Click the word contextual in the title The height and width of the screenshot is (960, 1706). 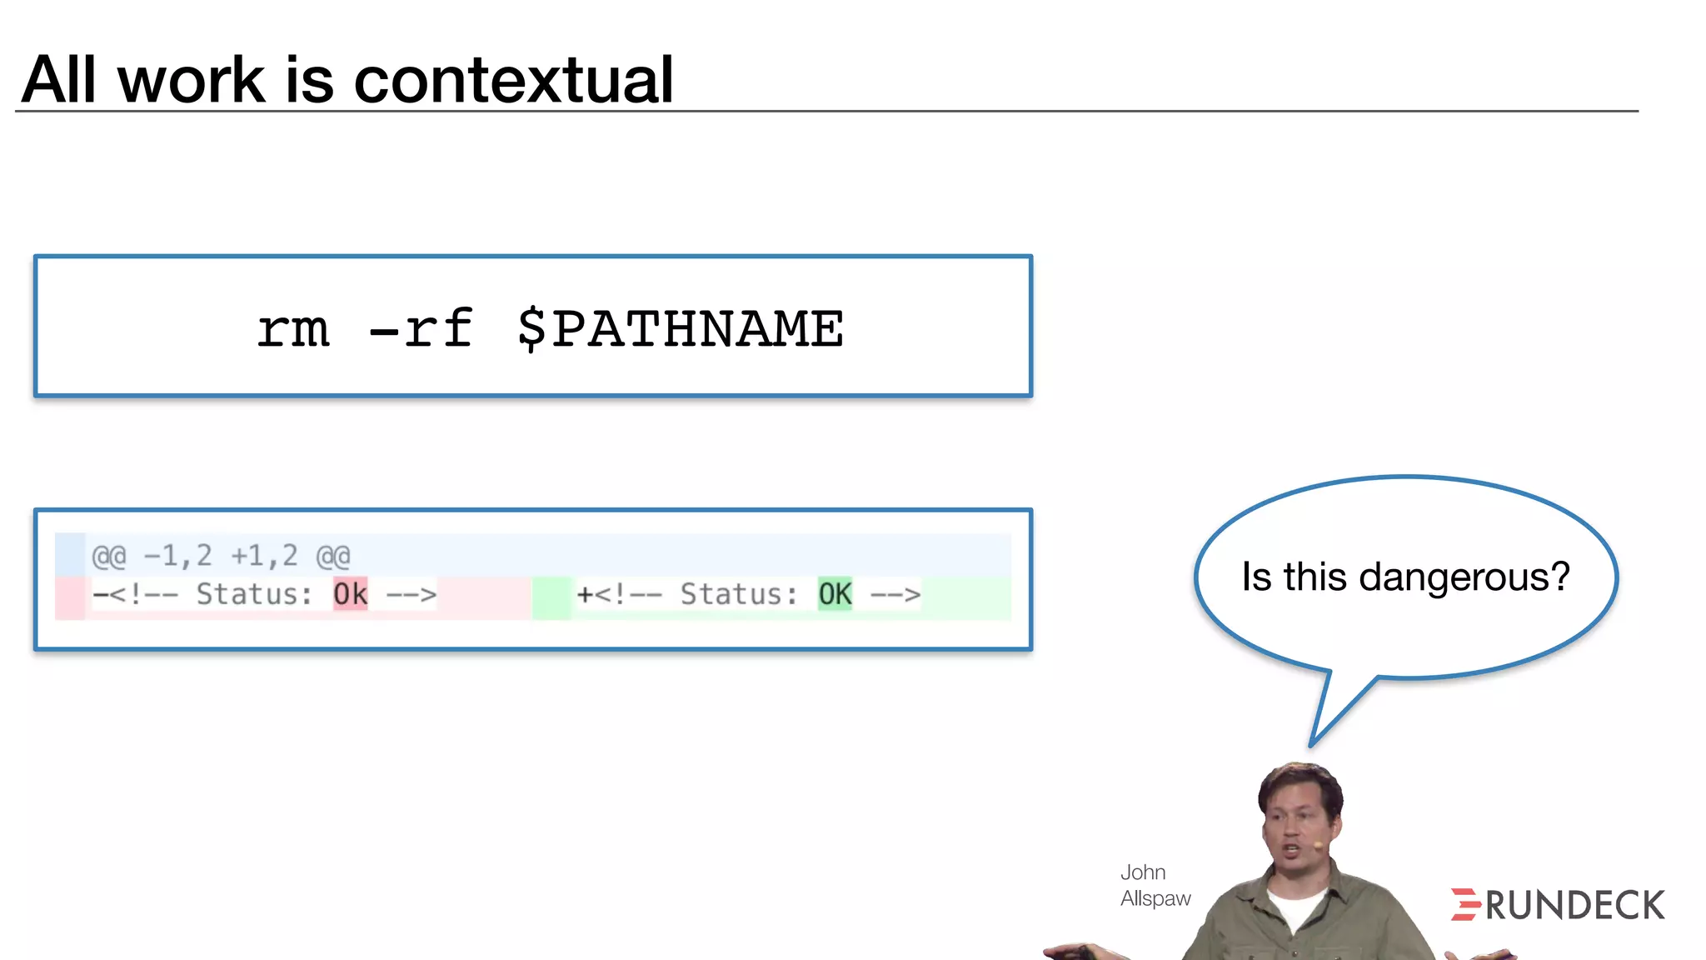click(x=513, y=80)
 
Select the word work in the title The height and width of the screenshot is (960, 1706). click(x=191, y=80)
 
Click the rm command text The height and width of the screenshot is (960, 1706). click(x=293, y=328)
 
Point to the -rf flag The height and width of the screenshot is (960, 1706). click(x=422, y=328)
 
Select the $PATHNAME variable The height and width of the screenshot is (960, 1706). click(x=680, y=328)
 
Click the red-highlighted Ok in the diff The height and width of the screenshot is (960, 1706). click(x=350, y=594)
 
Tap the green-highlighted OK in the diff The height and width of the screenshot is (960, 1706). click(x=835, y=594)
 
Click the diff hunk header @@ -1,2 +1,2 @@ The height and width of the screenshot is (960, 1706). click(x=221, y=556)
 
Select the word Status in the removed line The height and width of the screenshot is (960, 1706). click(x=253, y=594)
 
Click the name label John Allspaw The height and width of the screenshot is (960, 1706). click(x=1155, y=885)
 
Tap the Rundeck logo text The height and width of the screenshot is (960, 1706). click(x=1574, y=905)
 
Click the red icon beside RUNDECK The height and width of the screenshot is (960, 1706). click(x=1464, y=904)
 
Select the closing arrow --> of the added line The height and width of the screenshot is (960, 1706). click(x=895, y=594)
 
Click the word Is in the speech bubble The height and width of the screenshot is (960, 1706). click(x=1256, y=577)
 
